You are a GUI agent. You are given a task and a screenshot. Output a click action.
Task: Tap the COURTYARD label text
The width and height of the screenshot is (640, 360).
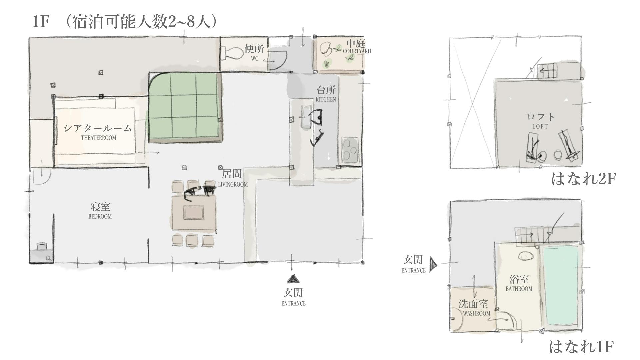pyautogui.click(x=357, y=51)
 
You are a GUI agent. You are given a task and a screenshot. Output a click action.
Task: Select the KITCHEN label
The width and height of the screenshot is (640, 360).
pyautogui.click(x=326, y=99)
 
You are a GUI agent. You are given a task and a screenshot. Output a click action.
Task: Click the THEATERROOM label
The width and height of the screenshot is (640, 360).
pyautogui.click(x=99, y=138)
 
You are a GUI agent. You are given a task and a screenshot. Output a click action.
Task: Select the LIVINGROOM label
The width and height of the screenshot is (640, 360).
pyautogui.click(x=233, y=184)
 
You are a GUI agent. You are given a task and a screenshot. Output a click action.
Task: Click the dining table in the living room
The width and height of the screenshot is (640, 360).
pyautogui.click(x=194, y=212)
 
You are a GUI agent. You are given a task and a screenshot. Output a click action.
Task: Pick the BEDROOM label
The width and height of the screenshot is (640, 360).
pyautogui.click(x=100, y=216)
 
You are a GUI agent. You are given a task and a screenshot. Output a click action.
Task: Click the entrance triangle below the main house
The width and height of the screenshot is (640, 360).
pyautogui.click(x=293, y=279)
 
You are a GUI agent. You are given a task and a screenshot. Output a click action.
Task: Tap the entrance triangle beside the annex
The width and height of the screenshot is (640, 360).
pyautogui.click(x=433, y=265)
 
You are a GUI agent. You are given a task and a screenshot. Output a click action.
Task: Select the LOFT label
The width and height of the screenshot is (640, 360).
pyautogui.click(x=540, y=127)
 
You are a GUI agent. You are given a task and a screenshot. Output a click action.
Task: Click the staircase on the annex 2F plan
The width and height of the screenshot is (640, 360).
pyautogui.click(x=547, y=71)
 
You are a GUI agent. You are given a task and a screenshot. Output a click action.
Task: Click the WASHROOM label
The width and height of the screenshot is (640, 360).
pyautogui.click(x=476, y=313)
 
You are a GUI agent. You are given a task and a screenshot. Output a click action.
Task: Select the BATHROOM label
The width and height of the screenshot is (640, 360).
pyautogui.click(x=519, y=289)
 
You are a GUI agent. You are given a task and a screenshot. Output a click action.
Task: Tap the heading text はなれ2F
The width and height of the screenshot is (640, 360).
pyautogui.click(x=583, y=179)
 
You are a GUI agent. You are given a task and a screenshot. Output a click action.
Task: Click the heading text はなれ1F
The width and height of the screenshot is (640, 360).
pyautogui.click(x=581, y=347)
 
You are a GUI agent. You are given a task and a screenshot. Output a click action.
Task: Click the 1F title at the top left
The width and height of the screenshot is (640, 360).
pyautogui.click(x=41, y=22)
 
